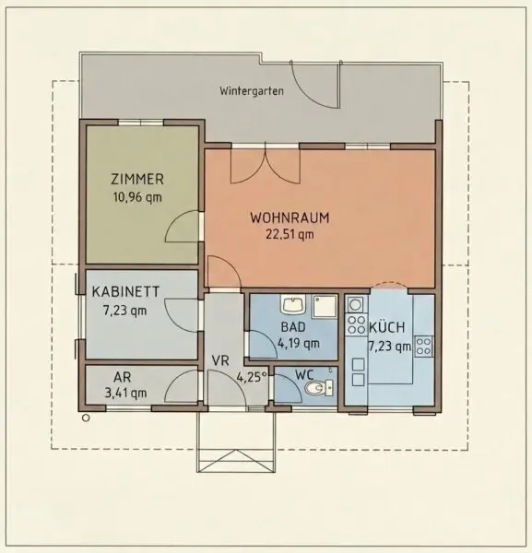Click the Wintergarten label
(252, 90)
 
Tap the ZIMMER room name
(137, 179)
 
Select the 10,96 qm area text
(137, 197)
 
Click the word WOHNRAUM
(290, 218)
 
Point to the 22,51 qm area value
(290, 234)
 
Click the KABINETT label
(125, 291)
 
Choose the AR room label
(122, 377)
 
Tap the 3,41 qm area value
(125, 393)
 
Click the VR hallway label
(220, 360)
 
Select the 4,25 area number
(250, 377)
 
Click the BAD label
(293, 327)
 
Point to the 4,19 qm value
(299, 343)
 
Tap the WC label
(304, 374)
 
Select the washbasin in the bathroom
(292, 304)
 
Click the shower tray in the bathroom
(325, 307)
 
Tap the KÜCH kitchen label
(387, 327)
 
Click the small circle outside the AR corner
(86, 418)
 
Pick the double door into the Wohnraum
(266, 165)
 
